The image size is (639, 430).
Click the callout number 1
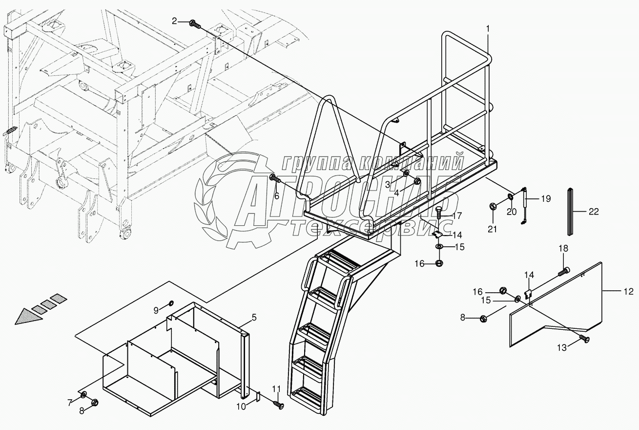[487, 29]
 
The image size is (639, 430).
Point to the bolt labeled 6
[275, 179]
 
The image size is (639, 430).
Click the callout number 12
[629, 292]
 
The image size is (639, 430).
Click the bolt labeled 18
[564, 270]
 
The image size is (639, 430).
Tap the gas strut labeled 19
[523, 205]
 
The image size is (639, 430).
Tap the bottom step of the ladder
[307, 392]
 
